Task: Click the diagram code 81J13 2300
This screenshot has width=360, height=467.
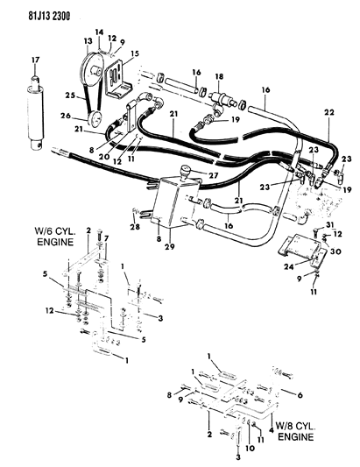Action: coord(49,16)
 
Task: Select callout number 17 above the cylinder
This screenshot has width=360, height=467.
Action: coord(35,60)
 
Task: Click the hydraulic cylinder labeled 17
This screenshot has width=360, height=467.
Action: coord(35,112)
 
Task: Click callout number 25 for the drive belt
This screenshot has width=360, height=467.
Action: coord(71,96)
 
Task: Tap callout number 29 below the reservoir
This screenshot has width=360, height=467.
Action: coord(170,246)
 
